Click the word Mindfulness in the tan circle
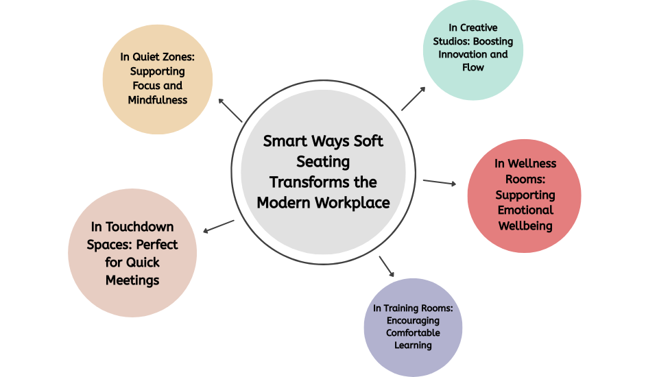pyautogui.click(x=158, y=100)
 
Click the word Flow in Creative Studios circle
pyautogui.click(x=473, y=67)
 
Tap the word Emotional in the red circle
pyautogui.click(x=525, y=210)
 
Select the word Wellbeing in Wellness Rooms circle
pyautogui.click(x=525, y=226)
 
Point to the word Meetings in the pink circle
pyautogui.click(x=132, y=280)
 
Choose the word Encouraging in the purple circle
pyautogui.click(x=413, y=320)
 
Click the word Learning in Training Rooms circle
pyautogui.click(x=413, y=345)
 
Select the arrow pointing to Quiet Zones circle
pyautogui.click(x=230, y=110)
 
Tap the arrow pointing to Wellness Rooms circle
pyautogui.click(x=440, y=182)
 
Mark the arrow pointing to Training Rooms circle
pyautogui.click(x=387, y=266)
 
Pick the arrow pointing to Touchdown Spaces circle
pyautogui.click(x=219, y=226)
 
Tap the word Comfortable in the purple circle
pyautogui.click(x=413, y=332)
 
